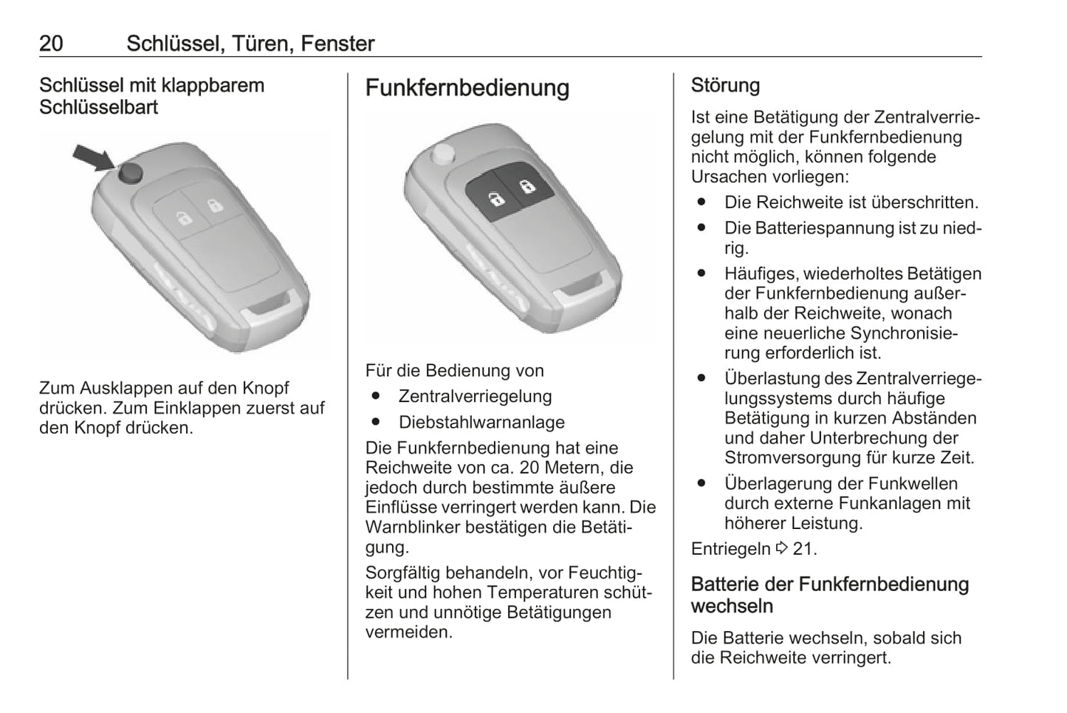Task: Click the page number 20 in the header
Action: (51, 44)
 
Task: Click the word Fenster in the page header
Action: (337, 44)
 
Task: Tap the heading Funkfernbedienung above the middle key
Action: (467, 88)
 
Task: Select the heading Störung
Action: (725, 85)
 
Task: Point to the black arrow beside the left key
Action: (94, 157)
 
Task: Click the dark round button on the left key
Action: (130, 173)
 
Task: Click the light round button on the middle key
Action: (442, 154)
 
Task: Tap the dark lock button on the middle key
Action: (526, 184)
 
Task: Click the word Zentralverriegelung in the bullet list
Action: (475, 397)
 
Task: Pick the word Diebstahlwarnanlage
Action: (481, 423)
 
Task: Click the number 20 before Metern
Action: (529, 468)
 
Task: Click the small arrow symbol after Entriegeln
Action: (782, 548)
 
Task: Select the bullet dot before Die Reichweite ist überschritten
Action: (701, 202)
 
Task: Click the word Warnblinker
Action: (412, 527)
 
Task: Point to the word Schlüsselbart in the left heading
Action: (98, 107)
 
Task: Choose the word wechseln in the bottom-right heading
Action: (732, 607)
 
